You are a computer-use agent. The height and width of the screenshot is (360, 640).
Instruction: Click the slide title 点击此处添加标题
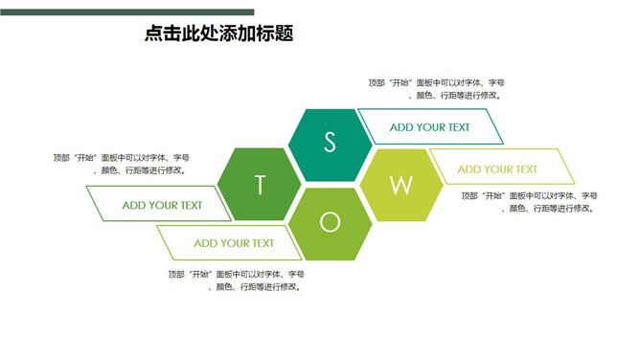[218, 34]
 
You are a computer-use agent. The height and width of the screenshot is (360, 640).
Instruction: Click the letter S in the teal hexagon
[331, 143]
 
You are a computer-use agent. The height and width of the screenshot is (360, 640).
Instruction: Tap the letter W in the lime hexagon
[400, 184]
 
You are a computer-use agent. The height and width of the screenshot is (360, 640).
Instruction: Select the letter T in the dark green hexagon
[260, 185]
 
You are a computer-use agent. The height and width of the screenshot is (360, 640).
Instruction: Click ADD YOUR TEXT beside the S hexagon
[429, 126]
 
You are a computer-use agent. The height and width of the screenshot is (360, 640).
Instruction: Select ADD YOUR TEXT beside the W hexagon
[497, 169]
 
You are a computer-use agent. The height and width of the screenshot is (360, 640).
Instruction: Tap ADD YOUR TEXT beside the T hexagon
[162, 205]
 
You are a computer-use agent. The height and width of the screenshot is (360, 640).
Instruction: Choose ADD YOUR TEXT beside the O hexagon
[234, 243]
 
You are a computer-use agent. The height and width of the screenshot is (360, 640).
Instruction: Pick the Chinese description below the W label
[530, 202]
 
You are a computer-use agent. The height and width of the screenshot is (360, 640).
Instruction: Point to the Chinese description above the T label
[122, 164]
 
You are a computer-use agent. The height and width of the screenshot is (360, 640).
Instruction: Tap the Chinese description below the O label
[237, 280]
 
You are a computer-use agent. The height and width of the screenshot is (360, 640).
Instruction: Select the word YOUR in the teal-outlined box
[430, 126]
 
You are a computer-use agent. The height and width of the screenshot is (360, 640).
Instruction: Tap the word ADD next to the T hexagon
[135, 205]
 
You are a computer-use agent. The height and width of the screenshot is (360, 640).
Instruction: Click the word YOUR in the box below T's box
[235, 243]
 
